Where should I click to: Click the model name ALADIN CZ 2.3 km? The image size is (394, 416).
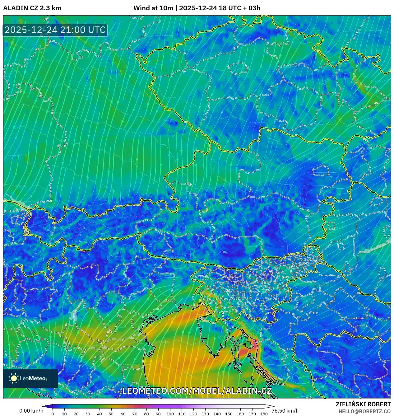32,8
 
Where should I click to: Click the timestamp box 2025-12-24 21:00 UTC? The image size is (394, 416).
55,30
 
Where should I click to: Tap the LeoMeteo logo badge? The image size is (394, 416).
30,378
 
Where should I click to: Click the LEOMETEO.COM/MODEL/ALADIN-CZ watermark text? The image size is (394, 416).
197,391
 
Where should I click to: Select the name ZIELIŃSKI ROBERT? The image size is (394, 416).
363,404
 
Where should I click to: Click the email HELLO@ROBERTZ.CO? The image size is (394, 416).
364,411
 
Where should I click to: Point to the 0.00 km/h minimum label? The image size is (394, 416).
31,411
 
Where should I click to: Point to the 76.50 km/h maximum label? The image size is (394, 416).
285,411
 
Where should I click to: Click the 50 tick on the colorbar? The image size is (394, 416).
111,414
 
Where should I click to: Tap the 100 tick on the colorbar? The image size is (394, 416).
170,414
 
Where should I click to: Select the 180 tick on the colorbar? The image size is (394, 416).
264,414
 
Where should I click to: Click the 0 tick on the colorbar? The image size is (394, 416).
53,414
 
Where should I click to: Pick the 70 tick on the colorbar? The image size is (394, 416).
135,414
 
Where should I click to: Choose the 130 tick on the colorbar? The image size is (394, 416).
205,414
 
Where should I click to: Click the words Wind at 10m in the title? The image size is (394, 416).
153,8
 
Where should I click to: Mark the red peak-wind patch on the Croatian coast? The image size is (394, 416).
249,350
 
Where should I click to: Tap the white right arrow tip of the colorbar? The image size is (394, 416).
272,406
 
